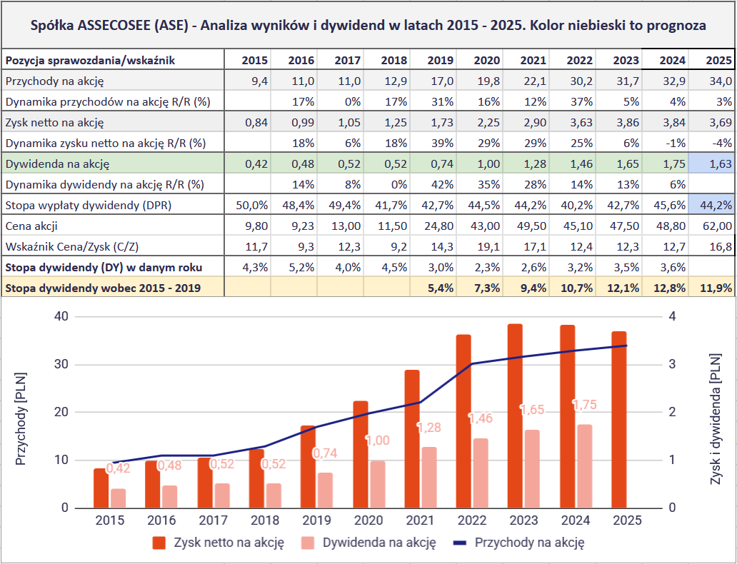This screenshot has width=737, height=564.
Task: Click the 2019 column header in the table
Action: pos(441,60)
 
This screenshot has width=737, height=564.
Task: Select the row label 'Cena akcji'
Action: pos(31,226)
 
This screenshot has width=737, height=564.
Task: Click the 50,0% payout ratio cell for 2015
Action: pos(246,206)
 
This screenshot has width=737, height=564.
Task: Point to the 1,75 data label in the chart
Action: pos(586,405)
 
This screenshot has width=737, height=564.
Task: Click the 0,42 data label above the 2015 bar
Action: pos(119,468)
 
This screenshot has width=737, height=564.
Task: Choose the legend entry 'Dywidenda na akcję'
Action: pos(378,543)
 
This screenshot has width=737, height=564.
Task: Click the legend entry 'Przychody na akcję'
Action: pos(530,543)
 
